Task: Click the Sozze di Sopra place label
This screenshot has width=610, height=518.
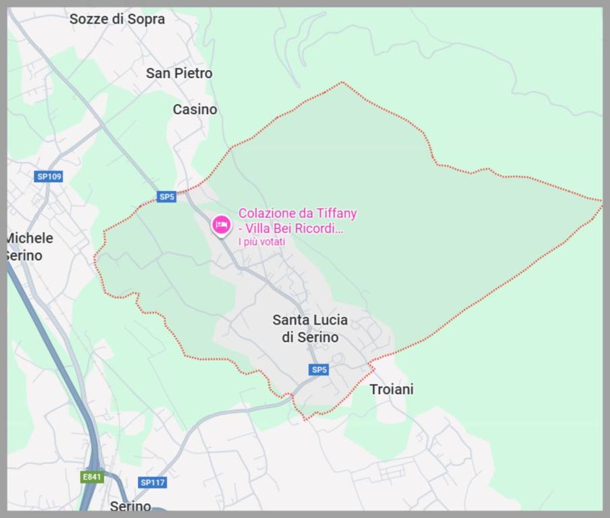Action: pyautogui.click(x=117, y=19)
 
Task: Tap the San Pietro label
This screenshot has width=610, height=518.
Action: pyautogui.click(x=179, y=73)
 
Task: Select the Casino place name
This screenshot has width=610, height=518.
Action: pyautogui.click(x=195, y=109)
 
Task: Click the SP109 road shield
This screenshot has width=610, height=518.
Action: pyautogui.click(x=49, y=177)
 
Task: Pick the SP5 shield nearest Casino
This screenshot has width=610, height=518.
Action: pyautogui.click(x=166, y=197)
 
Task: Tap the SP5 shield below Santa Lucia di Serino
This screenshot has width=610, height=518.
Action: pyautogui.click(x=319, y=370)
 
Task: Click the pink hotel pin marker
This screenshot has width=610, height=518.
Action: pyautogui.click(x=220, y=225)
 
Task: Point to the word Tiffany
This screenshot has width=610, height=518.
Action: pyautogui.click(x=335, y=213)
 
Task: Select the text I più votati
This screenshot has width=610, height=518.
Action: pyautogui.click(x=262, y=242)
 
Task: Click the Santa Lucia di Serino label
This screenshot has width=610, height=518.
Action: pyautogui.click(x=310, y=328)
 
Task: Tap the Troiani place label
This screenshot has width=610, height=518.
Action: pyautogui.click(x=392, y=389)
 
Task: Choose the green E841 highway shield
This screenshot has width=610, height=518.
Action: pyautogui.click(x=92, y=477)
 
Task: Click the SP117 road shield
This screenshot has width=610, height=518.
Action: pyautogui.click(x=153, y=482)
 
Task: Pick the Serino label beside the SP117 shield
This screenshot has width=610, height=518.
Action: pyautogui.click(x=130, y=505)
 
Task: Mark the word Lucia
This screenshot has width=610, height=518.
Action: pyautogui.click(x=328, y=320)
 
